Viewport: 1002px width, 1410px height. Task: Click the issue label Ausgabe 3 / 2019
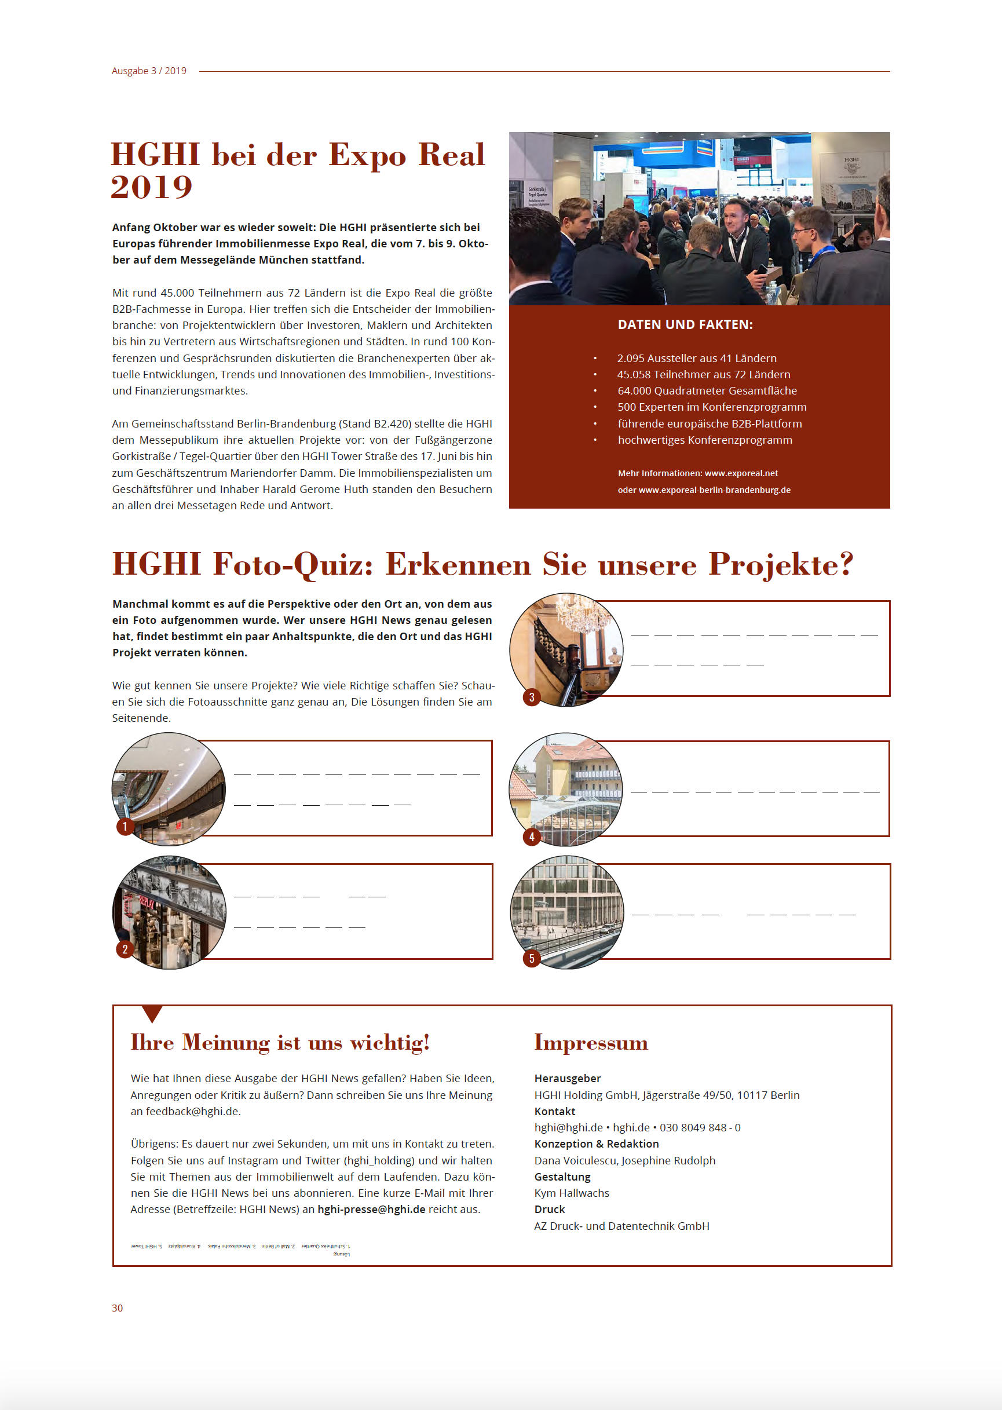(x=149, y=71)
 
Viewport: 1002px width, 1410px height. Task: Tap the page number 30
(x=117, y=1307)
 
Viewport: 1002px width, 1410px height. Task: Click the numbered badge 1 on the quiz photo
(x=125, y=826)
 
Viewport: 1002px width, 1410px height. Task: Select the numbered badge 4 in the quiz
(x=532, y=836)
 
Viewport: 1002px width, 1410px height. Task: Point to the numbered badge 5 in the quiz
(x=532, y=958)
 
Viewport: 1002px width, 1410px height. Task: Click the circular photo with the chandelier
(x=566, y=649)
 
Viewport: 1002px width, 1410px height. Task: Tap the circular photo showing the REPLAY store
(x=170, y=912)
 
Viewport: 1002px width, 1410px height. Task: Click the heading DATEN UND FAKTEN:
(x=685, y=324)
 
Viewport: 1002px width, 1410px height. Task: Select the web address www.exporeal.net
(x=741, y=473)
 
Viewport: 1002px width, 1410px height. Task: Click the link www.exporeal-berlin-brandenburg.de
(x=715, y=490)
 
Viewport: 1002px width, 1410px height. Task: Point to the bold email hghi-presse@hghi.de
(x=371, y=1209)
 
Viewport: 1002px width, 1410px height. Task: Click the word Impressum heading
(x=591, y=1042)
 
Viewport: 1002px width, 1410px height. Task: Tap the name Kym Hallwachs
(x=571, y=1193)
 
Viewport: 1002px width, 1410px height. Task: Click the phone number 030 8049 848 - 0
(x=700, y=1127)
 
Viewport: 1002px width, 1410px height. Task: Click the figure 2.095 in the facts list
(x=631, y=359)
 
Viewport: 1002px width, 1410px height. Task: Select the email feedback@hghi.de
(x=192, y=1111)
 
